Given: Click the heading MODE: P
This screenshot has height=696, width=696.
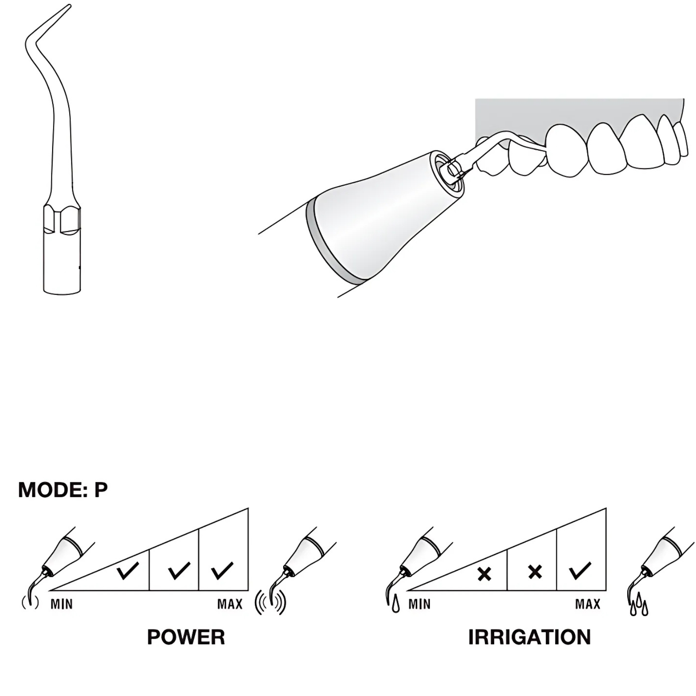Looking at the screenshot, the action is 63,490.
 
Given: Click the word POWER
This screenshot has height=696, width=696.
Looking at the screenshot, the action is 186,637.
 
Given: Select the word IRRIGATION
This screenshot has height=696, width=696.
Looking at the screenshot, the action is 529,637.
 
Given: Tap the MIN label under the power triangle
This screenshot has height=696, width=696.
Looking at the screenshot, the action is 61,604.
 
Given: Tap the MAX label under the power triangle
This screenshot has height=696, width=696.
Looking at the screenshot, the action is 230,604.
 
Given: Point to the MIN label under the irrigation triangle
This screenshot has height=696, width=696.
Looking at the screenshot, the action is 419,604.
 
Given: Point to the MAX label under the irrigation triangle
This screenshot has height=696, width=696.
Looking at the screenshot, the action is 588,604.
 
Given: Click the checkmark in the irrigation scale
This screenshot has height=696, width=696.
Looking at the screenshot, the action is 580,571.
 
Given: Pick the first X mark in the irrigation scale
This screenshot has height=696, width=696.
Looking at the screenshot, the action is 484,574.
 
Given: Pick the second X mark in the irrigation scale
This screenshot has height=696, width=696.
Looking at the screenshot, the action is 535,572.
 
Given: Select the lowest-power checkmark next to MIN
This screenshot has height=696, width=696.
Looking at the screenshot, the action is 128,570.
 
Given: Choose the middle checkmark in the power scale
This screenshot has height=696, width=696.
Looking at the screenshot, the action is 179,570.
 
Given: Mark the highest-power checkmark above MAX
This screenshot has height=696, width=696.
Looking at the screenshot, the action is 222,570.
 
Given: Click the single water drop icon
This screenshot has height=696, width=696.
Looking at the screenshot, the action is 395,606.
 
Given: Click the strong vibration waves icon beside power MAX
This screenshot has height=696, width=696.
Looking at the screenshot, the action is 270,602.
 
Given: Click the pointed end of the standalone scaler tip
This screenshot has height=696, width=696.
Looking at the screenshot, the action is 70,5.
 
